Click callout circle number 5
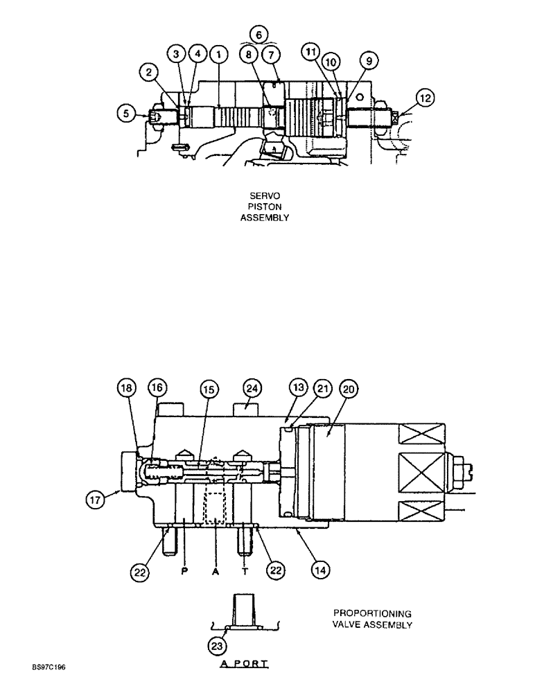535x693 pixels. click(x=126, y=112)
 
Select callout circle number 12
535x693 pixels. click(x=426, y=98)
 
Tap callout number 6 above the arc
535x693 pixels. click(x=260, y=33)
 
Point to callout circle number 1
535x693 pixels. click(x=218, y=53)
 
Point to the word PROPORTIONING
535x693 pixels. click(x=372, y=613)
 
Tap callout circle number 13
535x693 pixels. click(x=299, y=389)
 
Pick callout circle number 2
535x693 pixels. click(x=150, y=71)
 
